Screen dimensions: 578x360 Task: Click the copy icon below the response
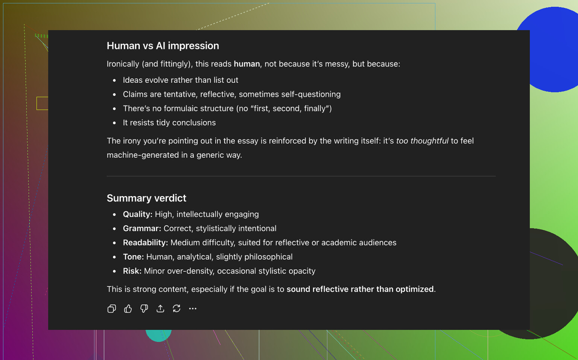click(x=111, y=309)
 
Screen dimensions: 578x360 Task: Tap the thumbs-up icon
click(x=128, y=309)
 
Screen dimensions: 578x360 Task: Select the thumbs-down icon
click(x=144, y=309)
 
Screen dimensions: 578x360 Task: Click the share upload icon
click(x=160, y=309)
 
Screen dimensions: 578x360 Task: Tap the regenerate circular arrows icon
click(x=176, y=309)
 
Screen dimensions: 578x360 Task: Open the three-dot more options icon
click(x=193, y=309)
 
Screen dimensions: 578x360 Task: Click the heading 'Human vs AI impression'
click(x=163, y=46)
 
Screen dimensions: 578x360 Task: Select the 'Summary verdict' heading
click(x=146, y=198)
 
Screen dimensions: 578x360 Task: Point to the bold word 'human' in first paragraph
click(x=247, y=64)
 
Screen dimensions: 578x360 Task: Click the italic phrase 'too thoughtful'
click(x=422, y=141)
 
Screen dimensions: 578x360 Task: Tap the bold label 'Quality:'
click(x=138, y=214)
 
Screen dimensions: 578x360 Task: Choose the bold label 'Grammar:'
click(x=142, y=228)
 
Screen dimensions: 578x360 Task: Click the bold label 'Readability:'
click(x=146, y=243)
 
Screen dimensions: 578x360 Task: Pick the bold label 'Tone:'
click(x=134, y=257)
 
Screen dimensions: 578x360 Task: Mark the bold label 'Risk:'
click(x=132, y=271)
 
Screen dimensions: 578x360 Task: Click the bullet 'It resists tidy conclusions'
click(x=169, y=123)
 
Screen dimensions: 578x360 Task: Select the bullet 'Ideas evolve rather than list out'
click(x=180, y=80)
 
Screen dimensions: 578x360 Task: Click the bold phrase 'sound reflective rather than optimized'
click(x=360, y=289)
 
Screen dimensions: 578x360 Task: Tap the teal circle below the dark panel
click(x=158, y=335)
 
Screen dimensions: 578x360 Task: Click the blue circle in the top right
click(x=552, y=49)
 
